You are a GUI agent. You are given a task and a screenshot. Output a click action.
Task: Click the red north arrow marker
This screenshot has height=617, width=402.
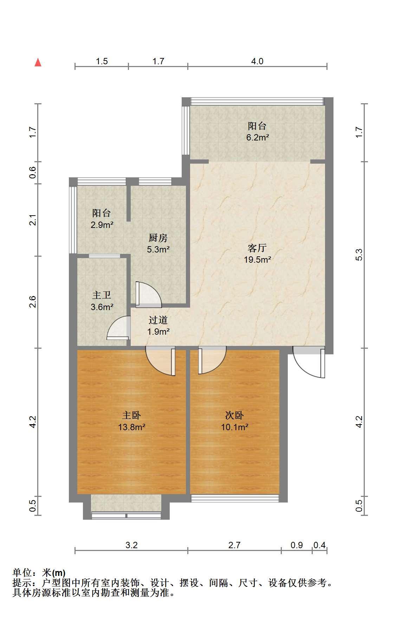(38, 63)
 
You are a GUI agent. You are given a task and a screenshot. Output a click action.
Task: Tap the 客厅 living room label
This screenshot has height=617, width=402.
(257, 248)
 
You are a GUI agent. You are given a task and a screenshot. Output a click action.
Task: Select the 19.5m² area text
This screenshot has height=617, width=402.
(258, 260)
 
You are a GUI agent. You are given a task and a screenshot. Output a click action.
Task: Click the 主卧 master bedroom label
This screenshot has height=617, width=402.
(131, 415)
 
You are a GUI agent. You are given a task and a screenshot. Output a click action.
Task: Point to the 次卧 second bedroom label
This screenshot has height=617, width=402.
(234, 415)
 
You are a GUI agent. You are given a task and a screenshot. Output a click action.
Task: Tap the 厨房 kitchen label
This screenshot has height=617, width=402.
(158, 238)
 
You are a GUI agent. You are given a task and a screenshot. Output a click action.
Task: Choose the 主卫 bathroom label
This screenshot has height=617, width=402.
(102, 295)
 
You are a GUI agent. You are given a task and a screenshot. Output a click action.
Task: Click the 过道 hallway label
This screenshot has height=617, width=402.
(158, 320)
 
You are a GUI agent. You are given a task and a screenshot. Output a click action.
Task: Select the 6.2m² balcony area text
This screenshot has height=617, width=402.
(258, 137)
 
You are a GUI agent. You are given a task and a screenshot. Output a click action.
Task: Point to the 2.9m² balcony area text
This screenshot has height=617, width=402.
(102, 225)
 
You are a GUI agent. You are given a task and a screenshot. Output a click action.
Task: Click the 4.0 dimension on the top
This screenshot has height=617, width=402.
(257, 61)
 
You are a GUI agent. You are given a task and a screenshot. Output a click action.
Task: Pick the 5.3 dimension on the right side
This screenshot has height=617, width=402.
(359, 255)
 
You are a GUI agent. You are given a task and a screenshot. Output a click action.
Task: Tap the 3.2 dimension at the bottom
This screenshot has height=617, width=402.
(131, 545)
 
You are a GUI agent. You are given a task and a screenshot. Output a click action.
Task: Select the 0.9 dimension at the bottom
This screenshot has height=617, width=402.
(297, 545)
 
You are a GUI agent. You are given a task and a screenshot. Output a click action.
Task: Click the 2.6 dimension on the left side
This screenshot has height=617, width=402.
(33, 302)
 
